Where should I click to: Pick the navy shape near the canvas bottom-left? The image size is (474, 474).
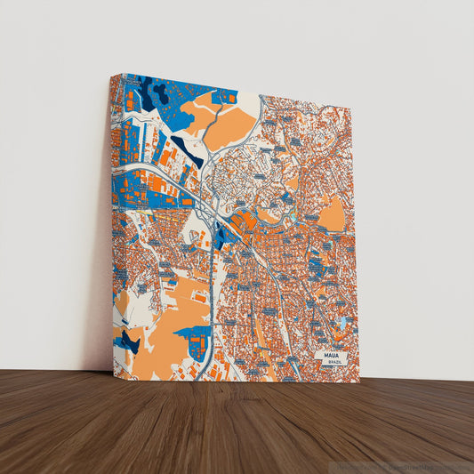pyautogui.click(x=130, y=341)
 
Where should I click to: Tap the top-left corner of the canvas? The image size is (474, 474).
pyautogui.click(x=112, y=76)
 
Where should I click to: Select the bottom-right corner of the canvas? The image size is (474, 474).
pyautogui.click(x=359, y=382)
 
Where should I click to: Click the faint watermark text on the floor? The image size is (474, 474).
pyautogui.click(x=400, y=466)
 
